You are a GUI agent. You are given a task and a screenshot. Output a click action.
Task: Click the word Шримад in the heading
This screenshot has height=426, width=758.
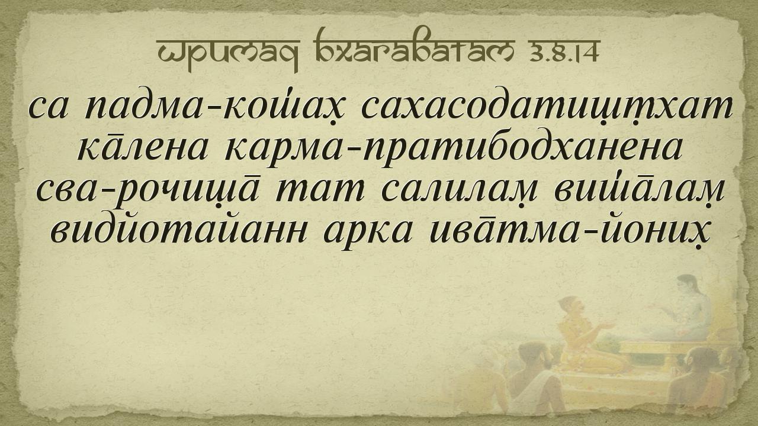(x=229, y=51)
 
